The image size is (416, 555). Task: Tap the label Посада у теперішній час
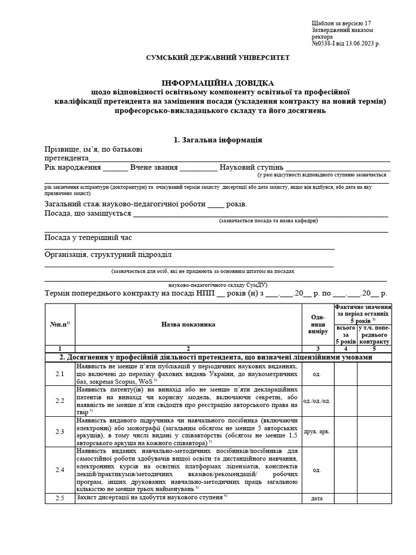[88, 237]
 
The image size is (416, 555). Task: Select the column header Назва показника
[188, 324]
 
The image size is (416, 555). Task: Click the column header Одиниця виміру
[318, 324]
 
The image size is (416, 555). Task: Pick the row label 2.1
[60, 374]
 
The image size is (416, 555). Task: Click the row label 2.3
[60, 431]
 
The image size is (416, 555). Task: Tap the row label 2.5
[60, 498]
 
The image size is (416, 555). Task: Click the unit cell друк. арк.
[318, 431]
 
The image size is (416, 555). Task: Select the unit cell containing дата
[318, 498]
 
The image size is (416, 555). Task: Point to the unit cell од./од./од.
[318, 401]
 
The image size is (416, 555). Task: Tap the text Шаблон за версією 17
[341, 23]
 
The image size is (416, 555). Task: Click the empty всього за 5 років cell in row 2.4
[346, 470]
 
